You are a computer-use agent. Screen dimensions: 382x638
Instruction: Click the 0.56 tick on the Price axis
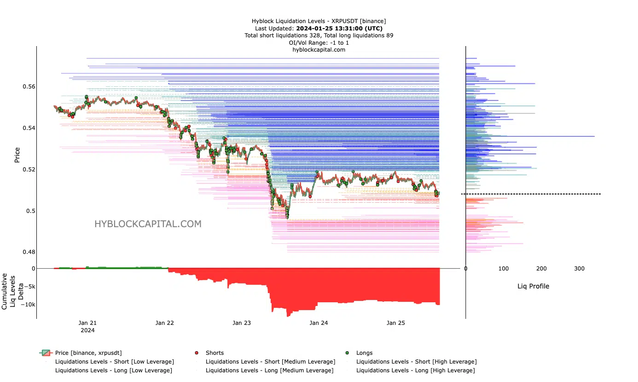click(x=28, y=87)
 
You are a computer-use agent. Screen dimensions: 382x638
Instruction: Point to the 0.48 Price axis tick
click(x=28, y=252)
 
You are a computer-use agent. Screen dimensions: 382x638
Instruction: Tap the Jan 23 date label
click(x=241, y=323)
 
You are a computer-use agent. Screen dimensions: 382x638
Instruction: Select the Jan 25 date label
click(x=395, y=323)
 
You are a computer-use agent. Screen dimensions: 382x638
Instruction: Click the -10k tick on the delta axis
click(x=26, y=305)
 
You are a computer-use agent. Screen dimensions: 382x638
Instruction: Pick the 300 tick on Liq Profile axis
click(x=580, y=269)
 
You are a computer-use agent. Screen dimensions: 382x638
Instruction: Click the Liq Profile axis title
click(x=533, y=286)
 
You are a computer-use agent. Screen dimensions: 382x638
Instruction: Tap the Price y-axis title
click(x=17, y=155)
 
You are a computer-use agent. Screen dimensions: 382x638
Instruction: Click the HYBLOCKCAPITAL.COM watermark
click(x=148, y=224)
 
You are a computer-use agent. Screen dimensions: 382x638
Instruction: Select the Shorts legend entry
click(x=215, y=353)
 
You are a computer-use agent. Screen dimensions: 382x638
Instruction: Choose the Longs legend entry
click(x=364, y=353)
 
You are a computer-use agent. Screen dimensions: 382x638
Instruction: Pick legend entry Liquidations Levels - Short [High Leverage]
click(x=416, y=362)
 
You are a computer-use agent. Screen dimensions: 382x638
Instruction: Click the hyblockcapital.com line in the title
click(x=319, y=50)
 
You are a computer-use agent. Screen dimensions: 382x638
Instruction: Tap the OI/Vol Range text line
click(x=319, y=42)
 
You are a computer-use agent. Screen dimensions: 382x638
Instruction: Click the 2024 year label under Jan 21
click(x=87, y=330)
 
